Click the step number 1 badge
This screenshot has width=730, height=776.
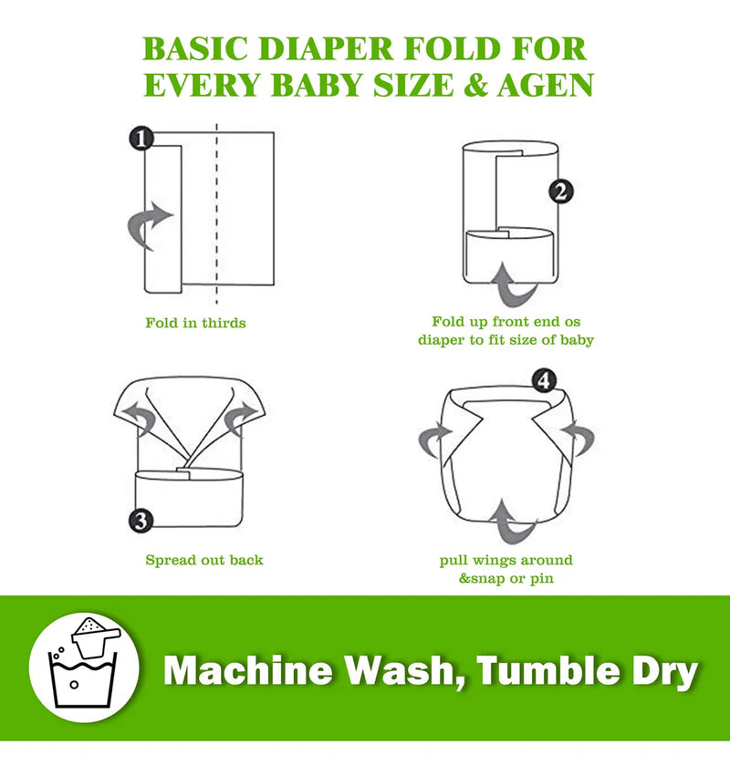coord(141,138)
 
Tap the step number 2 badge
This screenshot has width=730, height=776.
coord(561,191)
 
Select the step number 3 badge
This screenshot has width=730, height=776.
coord(141,521)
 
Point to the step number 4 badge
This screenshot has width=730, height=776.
coord(544,380)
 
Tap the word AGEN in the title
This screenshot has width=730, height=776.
coord(546,85)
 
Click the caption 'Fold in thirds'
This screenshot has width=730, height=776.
coord(195,323)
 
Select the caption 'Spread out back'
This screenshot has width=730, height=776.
coord(204,560)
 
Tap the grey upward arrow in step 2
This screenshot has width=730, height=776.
coord(514,285)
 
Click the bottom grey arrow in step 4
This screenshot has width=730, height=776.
coord(513,523)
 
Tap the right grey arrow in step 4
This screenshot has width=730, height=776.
coord(580,438)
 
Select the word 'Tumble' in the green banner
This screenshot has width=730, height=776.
coord(548,670)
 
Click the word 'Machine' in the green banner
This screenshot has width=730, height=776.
coord(248,670)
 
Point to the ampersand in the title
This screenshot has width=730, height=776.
coord(475,85)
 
